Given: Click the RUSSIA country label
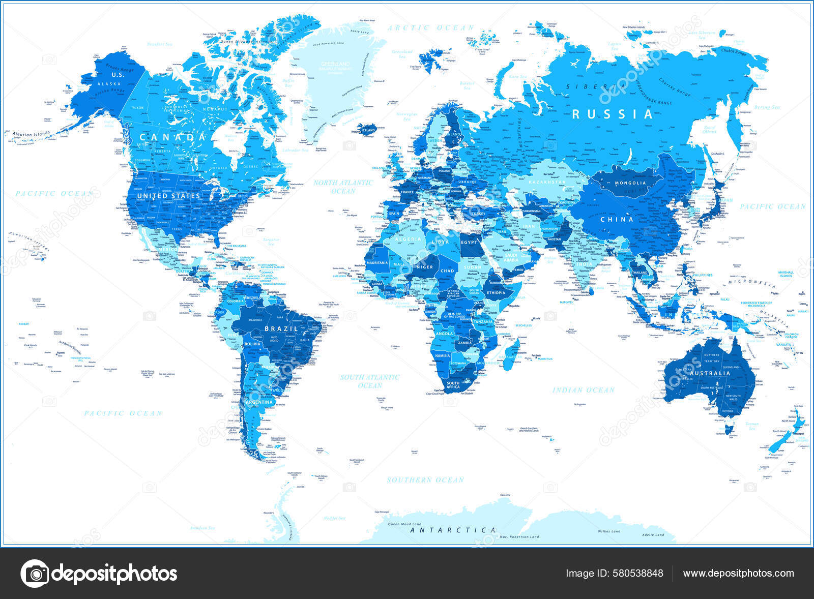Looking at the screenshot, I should pyautogui.click(x=612, y=114).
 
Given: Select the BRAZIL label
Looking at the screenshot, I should pyautogui.click(x=281, y=328).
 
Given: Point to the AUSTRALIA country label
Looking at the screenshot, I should pyautogui.click(x=710, y=373).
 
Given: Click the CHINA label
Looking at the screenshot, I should pyautogui.click(x=617, y=219).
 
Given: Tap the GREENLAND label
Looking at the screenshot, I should pyautogui.click(x=335, y=64).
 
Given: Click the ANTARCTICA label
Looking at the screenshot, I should pyautogui.click(x=453, y=530).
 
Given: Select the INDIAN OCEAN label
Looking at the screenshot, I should pyautogui.click(x=584, y=390).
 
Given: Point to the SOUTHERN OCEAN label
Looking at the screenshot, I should pyautogui.click(x=425, y=480).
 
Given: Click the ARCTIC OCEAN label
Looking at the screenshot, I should pyautogui.click(x=430, y=28).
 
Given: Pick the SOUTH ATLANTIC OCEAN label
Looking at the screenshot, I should pyautogui.click(x=370, y=381).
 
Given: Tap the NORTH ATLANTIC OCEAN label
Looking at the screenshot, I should pyautogui.click(x=343, y=187).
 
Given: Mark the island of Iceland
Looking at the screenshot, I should pyautogui.click(x=367, y=129).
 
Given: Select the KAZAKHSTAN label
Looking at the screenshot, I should pyautogui.click(x=547, y=182).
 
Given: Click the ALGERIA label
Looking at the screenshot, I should pyautogui.click(x=409, y=239).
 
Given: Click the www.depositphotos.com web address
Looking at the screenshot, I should pyautogui.click(x=738, y=573).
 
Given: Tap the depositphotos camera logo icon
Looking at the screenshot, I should pyautogui.click(x=35, y=574).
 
